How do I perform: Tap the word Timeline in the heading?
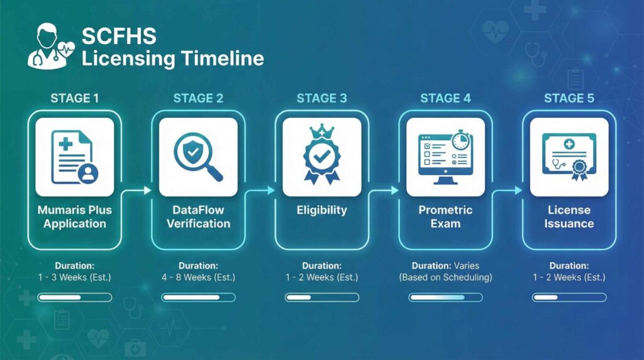[x=222, y=59]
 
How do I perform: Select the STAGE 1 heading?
[x=74, y=98]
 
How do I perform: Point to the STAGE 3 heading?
[x=322, y=98]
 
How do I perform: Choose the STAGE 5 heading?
[x=569, y=98]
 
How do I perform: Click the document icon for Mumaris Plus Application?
[x=74, y=157]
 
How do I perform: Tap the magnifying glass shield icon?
[x=198, y=157]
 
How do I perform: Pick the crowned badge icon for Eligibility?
[x=322, y=157]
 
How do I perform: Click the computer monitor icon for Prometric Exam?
[x=445, y=157]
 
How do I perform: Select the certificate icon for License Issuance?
[x=569, y=157]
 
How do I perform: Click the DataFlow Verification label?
[x=198, y=217]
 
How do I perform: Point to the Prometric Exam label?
[x=445, y=217]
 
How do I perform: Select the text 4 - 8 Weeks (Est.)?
[x=198, y=277]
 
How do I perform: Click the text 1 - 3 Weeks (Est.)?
[x=74, y=277]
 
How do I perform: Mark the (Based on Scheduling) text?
[x=445, y=277]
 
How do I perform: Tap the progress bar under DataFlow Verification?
[x=198, y=297]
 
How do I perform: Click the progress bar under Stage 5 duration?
[x=569, y=297]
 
